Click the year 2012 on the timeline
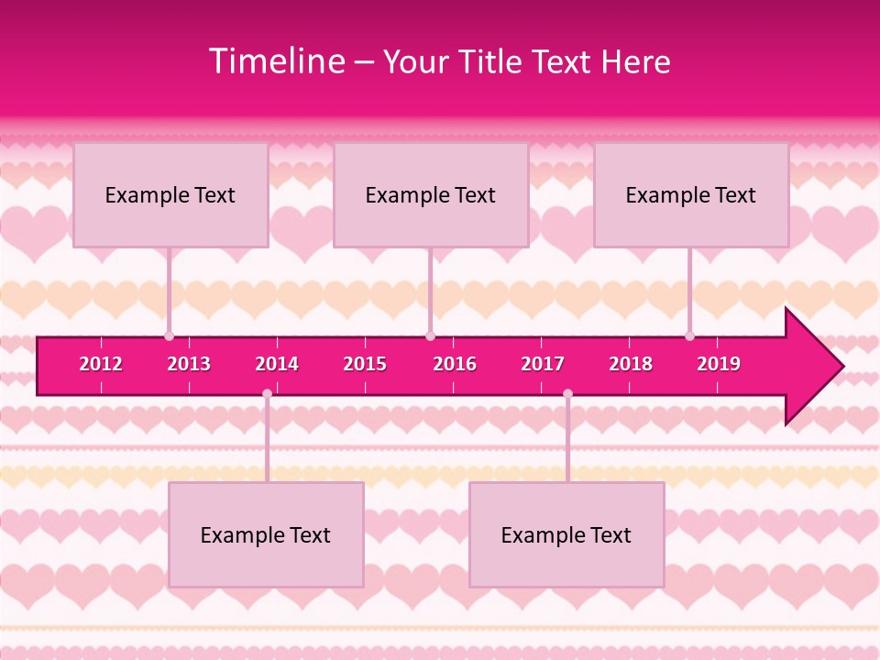[x=101, y=364]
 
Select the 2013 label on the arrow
[x=189, y=364]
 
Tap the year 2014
[x=277, y=364]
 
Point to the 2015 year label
[x=365, y=364]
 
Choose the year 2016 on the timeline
[x=455, y=364]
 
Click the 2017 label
[x=543, y=364]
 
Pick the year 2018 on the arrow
[x=631, y=364]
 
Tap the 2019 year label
[x=719, y=364]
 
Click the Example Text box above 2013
[x=170, y=194]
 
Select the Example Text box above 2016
[x=431, y=194]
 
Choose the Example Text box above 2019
[x=691, y=194]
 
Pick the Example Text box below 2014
[x=266, y=534]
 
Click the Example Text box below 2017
[x=566, y=534]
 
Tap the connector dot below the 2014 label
[x=267, y=393]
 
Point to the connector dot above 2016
[x=430, y=336]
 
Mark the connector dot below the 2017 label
[x=567, y=393]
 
